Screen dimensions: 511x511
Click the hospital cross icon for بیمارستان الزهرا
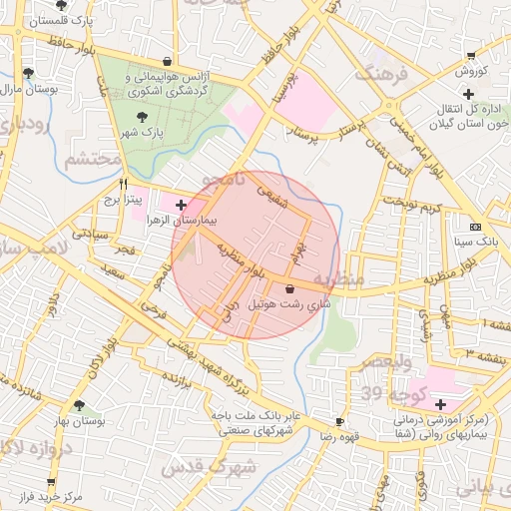pos(180,206)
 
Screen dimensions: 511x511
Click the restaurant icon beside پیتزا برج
pos(124,184)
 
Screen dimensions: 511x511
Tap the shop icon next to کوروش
pos(471,56)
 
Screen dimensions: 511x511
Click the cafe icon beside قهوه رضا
pos(339,422)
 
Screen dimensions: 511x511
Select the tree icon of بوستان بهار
pos(79,405)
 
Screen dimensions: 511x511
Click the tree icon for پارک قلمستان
pos(61,5)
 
